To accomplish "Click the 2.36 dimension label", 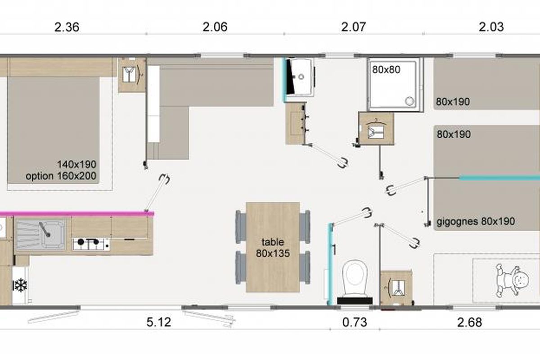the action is click(67, 27).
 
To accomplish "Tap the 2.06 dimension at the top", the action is click(215, 27).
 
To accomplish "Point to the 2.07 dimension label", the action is click(353, 27).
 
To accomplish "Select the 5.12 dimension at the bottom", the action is click(159, 322).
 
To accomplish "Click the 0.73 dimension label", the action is click(355, 322).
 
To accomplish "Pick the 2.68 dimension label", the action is click(470, 322).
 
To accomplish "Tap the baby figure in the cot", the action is click(512, 280).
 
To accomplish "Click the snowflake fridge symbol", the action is click(20, 285).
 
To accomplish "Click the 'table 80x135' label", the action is click(273, 247).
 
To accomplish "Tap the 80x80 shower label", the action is click(386, 70).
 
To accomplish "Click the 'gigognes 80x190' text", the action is click(476, 221).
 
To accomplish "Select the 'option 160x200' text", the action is click(61, 176).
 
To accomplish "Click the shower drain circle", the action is click(409, 101).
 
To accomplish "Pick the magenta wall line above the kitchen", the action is click(77, 213).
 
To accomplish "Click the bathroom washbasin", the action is click(300, 76).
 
